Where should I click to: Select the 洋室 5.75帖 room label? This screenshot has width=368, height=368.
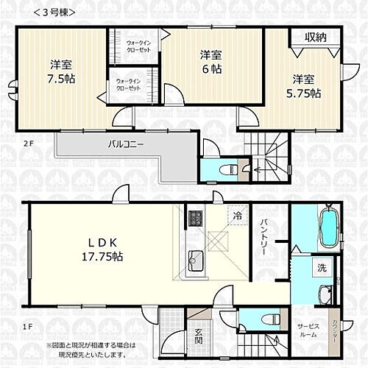click(304, 85)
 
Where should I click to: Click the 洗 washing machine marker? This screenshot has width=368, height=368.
click(322, 268)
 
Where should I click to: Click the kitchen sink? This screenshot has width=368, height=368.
click(196, 259)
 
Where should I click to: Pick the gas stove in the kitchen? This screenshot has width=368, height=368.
click(196, 219)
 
